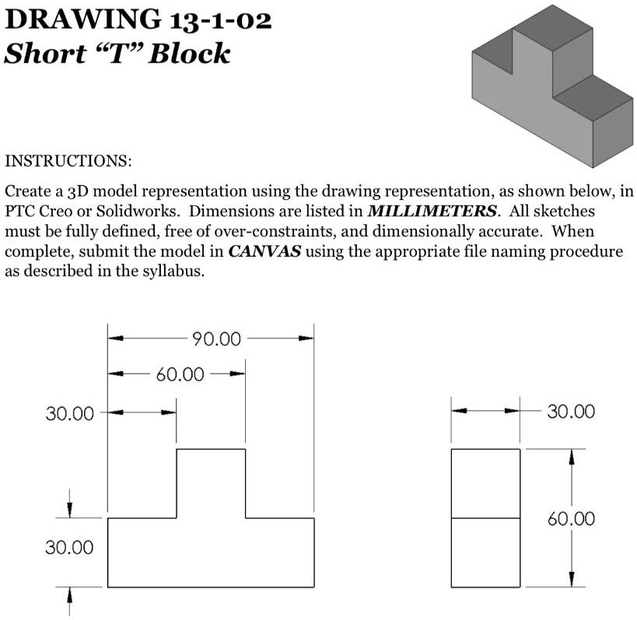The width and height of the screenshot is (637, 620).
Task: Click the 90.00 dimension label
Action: tap(216, 339)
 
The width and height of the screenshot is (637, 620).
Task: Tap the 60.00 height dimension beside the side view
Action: tap(572, 519)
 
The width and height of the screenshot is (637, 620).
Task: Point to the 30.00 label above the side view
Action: tap(572, 411)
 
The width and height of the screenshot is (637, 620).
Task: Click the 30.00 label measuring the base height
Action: tap(69, 548)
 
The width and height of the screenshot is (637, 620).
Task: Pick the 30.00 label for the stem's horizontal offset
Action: tap(69, 413)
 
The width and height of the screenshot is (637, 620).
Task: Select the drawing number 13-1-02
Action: tap(218, 19)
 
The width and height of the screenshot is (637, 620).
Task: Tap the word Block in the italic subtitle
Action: tap(191, 54)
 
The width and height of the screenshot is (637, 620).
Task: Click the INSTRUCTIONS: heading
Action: tap(68, 162)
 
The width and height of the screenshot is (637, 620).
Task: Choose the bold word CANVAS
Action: tap(260, 252)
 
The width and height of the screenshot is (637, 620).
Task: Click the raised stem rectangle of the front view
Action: tap(211, 482)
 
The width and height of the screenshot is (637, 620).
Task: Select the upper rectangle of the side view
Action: tap(486, 483)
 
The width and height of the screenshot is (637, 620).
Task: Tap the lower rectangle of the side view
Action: tap(486, 552)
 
